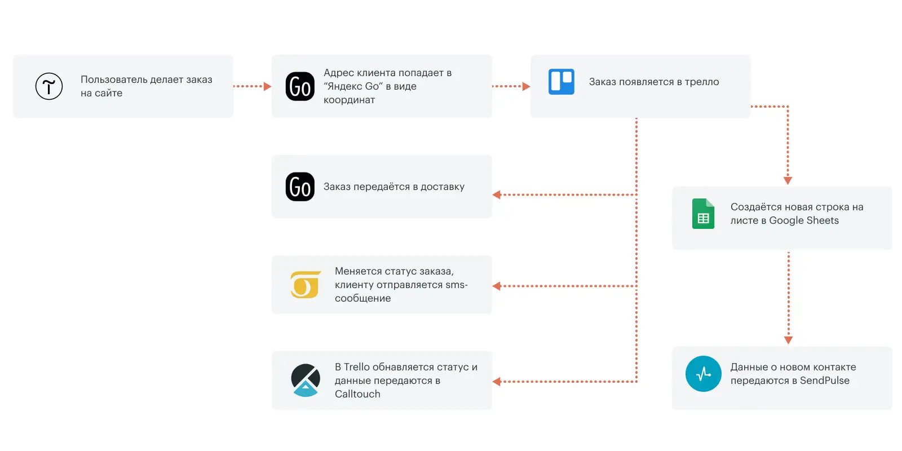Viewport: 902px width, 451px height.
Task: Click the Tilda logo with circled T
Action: point(48,86)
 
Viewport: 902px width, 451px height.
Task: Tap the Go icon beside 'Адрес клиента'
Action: point(300,86)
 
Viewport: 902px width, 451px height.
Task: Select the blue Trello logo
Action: point(561,82)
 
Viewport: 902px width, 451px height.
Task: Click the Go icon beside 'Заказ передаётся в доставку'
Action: point(300,187)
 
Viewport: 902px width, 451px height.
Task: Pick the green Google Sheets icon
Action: point(703,214)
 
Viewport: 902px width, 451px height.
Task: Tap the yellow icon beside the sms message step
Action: point(306,285)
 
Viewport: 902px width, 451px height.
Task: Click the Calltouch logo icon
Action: point(306,380)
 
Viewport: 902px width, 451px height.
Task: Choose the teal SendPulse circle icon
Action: point(704,374)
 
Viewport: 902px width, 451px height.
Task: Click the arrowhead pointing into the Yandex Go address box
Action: point(267,86)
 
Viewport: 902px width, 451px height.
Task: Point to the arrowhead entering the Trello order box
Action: point(526,86)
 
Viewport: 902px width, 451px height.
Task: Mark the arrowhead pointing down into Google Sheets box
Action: point(788,181)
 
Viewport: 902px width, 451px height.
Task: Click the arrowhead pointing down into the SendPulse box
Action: point(789,341)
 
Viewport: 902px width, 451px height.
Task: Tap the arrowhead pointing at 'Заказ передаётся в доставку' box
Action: point(497,195)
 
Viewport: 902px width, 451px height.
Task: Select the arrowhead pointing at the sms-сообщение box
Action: point(497,286)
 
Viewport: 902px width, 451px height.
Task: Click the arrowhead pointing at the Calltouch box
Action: point(497,381)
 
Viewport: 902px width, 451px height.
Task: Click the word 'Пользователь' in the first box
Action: point(113,79)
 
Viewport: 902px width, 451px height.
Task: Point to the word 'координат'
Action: point(349,100)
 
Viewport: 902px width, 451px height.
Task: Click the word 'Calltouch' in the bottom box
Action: point(357,394)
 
